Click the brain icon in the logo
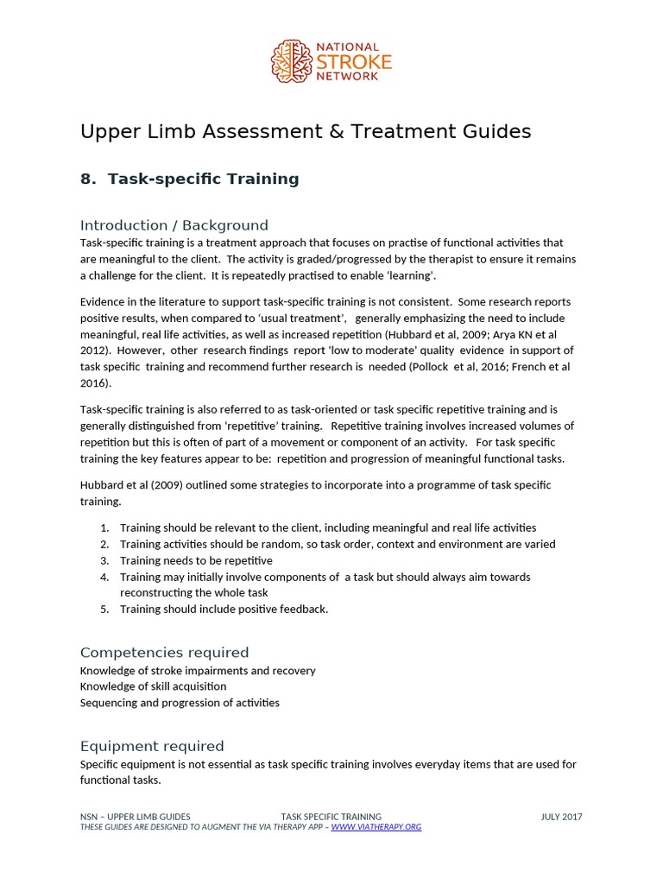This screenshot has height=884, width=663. click(290, 62)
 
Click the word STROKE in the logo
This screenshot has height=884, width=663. click(354, 62)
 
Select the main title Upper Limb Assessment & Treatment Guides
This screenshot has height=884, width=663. click(306, 131)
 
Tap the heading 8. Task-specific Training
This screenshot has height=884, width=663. click(190, 179)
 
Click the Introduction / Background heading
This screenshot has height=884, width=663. click(174, 224)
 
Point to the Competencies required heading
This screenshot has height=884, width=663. click(164, 652)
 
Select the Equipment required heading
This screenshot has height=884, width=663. click(152, 746)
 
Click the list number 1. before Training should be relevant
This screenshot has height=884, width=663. click(104, 527)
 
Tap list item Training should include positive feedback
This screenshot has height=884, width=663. click(224, 609)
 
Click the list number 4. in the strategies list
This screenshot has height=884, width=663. click(104, 577)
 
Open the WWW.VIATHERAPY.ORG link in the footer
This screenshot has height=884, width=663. click(376, 827)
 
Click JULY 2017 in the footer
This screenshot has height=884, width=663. click(561, 816)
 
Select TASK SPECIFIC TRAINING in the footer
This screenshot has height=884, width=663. click(331, 816)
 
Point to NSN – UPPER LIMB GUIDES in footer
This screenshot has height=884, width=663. click(136, 816)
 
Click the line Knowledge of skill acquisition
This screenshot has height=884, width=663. click(154, 686)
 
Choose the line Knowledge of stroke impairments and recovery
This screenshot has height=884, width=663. click(198, 670)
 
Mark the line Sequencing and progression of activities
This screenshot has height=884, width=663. click(180, 703)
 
